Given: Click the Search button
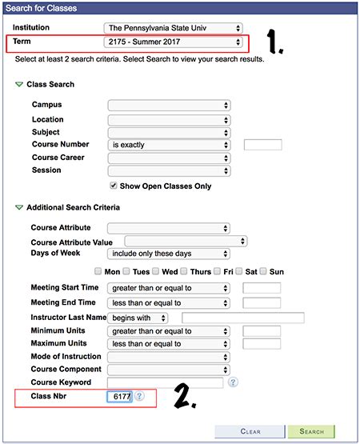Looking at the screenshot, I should point(311,431).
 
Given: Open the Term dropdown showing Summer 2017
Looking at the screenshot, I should point(174,42).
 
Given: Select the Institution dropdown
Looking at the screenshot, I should point(174,27).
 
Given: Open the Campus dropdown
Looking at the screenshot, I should point(169,105).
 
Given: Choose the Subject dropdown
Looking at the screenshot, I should point(169,132).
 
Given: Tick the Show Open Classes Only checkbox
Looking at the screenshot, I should point(113,186).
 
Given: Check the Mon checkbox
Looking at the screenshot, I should point(98,271).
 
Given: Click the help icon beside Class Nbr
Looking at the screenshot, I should point(139,396).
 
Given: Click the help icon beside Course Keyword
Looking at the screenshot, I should point(233,382).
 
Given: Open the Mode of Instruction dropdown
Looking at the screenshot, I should point(169,357).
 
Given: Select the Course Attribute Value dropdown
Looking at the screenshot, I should point(185,241).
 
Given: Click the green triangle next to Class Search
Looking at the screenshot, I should point(19,85).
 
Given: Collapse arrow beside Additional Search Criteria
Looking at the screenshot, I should point(19,208).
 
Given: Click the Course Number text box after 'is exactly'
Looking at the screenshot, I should point(262,145).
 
